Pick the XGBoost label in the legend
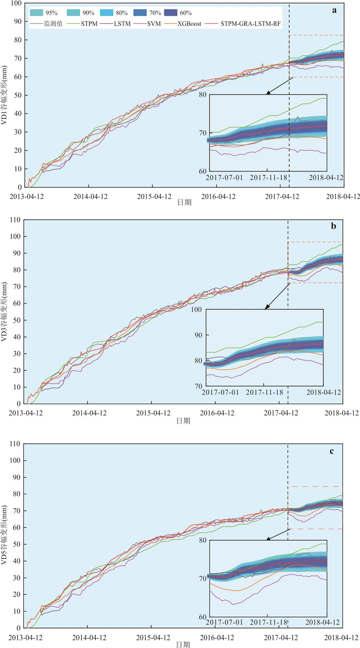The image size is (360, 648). coord(196,24)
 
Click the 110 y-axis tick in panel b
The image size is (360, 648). coord(15,220)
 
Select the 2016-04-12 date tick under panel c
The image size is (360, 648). coord(215,637)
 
